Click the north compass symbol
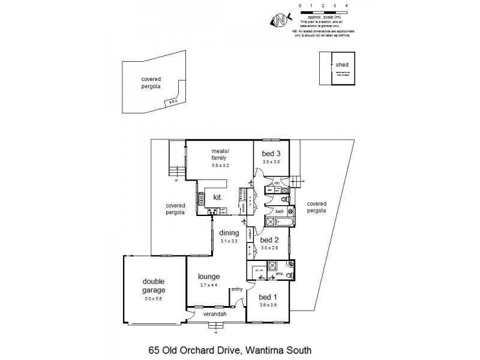(280, 20)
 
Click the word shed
(342, 64)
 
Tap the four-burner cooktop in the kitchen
(212, 211)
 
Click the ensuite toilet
(289, 275)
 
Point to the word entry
(237, 290)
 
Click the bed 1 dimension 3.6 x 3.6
(268, 305)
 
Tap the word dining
(229, 233)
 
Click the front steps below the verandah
(213, 326)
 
